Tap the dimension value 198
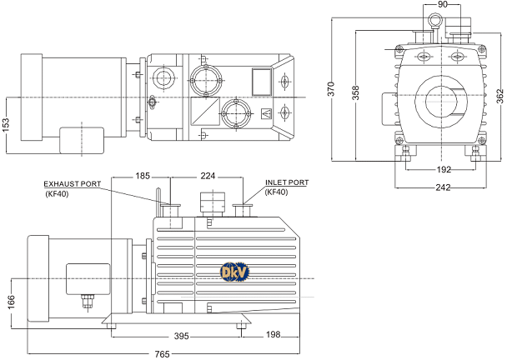[x=274, y=336]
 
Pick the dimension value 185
[x=143, y=176]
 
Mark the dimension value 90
[x=442, y=5]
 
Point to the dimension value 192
[x=444, y=169]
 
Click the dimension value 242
[x=443, y=187]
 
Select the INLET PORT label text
[x=287, y=182]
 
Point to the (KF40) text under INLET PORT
[x=276, y=192]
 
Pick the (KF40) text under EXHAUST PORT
[x=59, y=193]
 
